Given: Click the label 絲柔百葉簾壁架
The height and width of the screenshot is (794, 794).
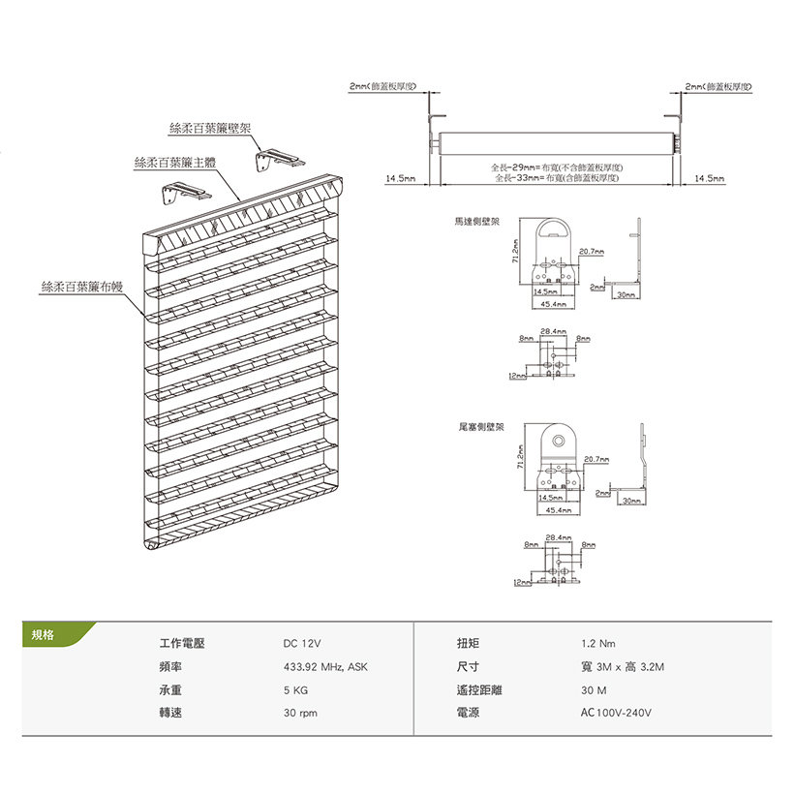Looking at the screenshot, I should point(210,128).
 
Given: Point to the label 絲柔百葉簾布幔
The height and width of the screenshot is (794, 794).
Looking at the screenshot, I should point(82,287).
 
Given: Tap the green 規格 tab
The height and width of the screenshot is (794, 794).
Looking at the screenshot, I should point(45,635).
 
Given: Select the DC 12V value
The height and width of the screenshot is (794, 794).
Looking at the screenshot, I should point(301,644).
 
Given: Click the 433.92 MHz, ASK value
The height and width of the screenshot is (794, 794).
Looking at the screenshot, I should point(325,667).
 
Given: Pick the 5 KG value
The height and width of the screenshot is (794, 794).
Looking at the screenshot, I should point(295,690).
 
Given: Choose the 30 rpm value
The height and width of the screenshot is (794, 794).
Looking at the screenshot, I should point(300,714).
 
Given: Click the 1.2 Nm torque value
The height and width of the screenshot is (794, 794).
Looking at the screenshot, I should point(597,644).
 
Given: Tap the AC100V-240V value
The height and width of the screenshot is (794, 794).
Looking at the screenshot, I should point(617,714).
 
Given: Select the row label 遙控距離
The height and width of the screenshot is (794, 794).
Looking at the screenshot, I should point(479,690).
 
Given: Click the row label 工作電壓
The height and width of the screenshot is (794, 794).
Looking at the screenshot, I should point(182,644).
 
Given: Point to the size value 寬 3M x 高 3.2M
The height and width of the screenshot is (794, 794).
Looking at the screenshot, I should point(623,667).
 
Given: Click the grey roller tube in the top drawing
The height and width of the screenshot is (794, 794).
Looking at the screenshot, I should point(552,142).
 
